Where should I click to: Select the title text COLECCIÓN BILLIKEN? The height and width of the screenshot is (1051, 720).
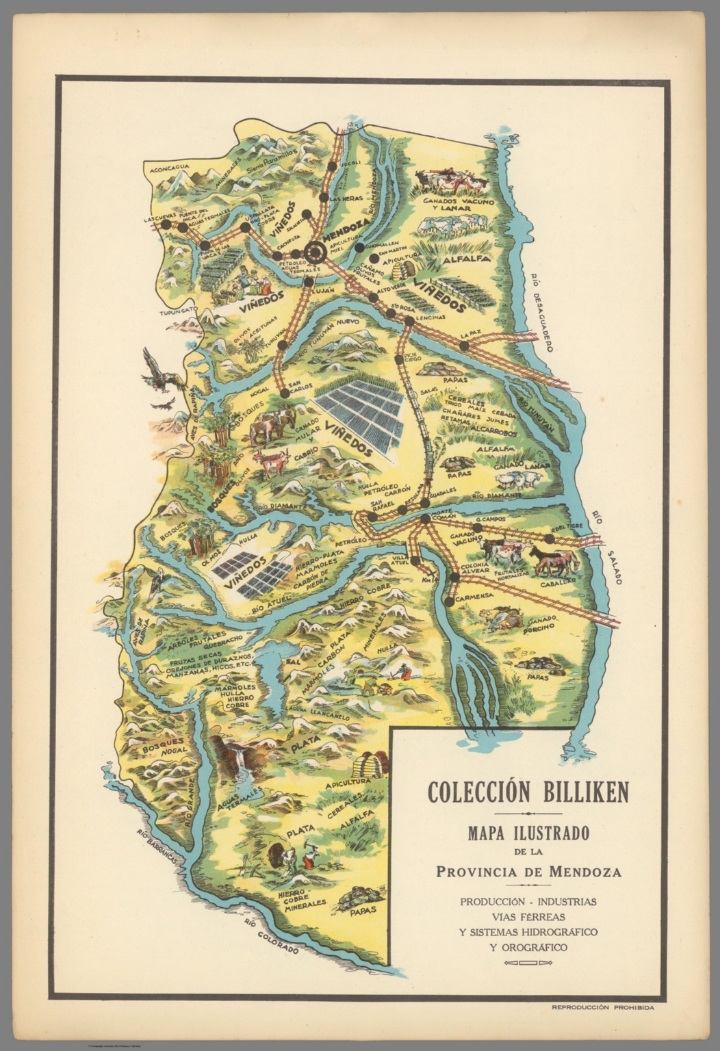pos(528,792)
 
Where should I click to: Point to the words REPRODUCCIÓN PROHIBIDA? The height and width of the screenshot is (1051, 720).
pos(602,1008)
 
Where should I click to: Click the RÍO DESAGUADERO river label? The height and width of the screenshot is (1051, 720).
pos(540,311)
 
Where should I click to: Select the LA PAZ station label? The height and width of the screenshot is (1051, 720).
pos(471,334)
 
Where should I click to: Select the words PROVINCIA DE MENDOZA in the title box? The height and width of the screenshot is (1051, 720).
pos(528,872)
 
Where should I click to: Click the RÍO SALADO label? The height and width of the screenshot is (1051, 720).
pos(608,547)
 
